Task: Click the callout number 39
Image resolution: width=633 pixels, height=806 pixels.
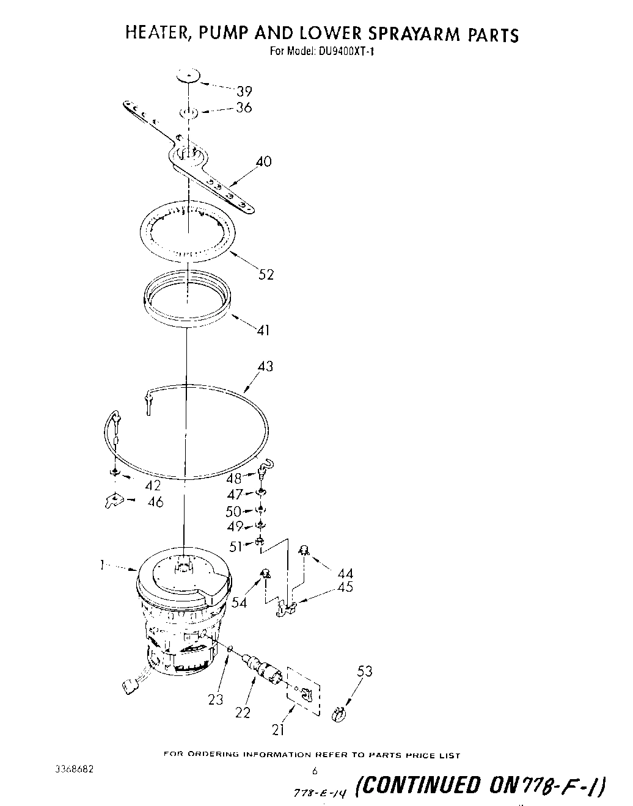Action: coord(244,92)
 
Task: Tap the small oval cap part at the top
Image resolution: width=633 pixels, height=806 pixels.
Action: coord(189,76)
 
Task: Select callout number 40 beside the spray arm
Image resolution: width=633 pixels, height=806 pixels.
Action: coord(264,162)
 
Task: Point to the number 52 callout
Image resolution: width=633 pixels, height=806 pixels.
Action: coord(266,275)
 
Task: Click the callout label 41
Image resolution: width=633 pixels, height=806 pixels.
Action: coord(263,330)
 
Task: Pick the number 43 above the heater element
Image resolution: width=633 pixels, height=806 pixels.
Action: coord(265,366)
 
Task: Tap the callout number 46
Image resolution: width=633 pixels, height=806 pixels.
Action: coord(156,502)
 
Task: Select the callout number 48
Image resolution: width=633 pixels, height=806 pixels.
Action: coord(234,479)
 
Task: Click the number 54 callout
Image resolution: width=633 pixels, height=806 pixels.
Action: coord(240,603)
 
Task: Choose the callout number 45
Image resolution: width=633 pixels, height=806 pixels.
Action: coord(345,587)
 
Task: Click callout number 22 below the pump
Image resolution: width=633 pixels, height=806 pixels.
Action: coord(243,713)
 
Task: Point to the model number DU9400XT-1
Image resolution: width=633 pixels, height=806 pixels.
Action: coord(346,52)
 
